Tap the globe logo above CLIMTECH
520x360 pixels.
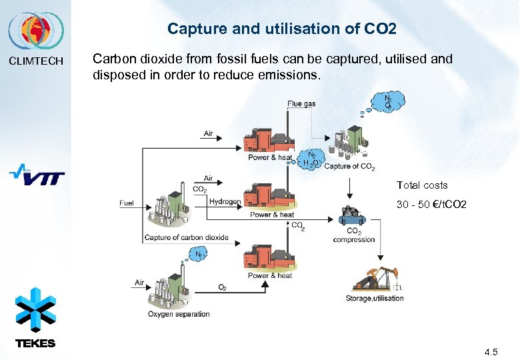[36, 31]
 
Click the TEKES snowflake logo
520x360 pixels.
[35, 311]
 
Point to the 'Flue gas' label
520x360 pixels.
[301, 103]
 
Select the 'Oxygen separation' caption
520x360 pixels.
[179, 314]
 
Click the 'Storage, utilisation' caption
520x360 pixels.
[375, 298]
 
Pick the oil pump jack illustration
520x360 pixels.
[377, 279]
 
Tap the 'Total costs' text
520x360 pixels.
[422, 185]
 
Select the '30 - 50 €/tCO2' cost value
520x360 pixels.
[431, 204]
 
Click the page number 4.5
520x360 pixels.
[491, 351]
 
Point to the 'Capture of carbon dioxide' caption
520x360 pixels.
[186, 237]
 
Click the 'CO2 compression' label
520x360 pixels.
[354, 235]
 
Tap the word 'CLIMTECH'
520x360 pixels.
[36, 61]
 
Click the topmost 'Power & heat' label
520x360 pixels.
[270, 157]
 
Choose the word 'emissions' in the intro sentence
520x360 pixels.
[288, 76]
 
